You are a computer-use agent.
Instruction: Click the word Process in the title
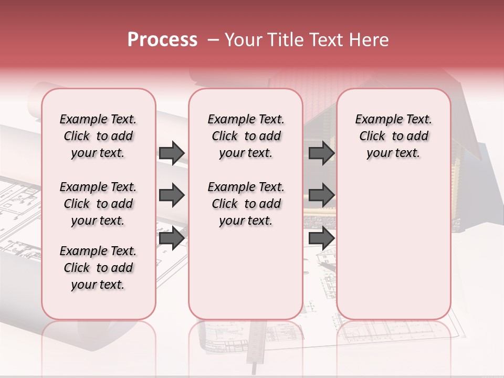(162, 39)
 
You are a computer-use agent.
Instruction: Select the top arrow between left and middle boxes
(172, 153)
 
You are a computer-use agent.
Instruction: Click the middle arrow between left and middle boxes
(172, 195)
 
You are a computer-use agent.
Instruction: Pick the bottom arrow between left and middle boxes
(172, 238)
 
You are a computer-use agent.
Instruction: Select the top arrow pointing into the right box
(321, 153)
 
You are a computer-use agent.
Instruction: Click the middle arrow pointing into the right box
(321, 195)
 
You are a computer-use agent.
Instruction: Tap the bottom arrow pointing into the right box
(321, 238)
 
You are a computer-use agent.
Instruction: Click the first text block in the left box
(98, 136)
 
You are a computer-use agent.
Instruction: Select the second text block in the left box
(98, 204)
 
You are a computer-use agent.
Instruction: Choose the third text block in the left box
(98, 268)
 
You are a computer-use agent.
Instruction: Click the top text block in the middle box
(246, 136)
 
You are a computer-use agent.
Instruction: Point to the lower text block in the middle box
(246, 204)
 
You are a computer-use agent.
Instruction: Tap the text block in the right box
(393, 136)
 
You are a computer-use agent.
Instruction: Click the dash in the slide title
(213, 40)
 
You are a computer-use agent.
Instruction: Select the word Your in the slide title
(243, 40)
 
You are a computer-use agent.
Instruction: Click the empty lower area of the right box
(393, 252)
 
